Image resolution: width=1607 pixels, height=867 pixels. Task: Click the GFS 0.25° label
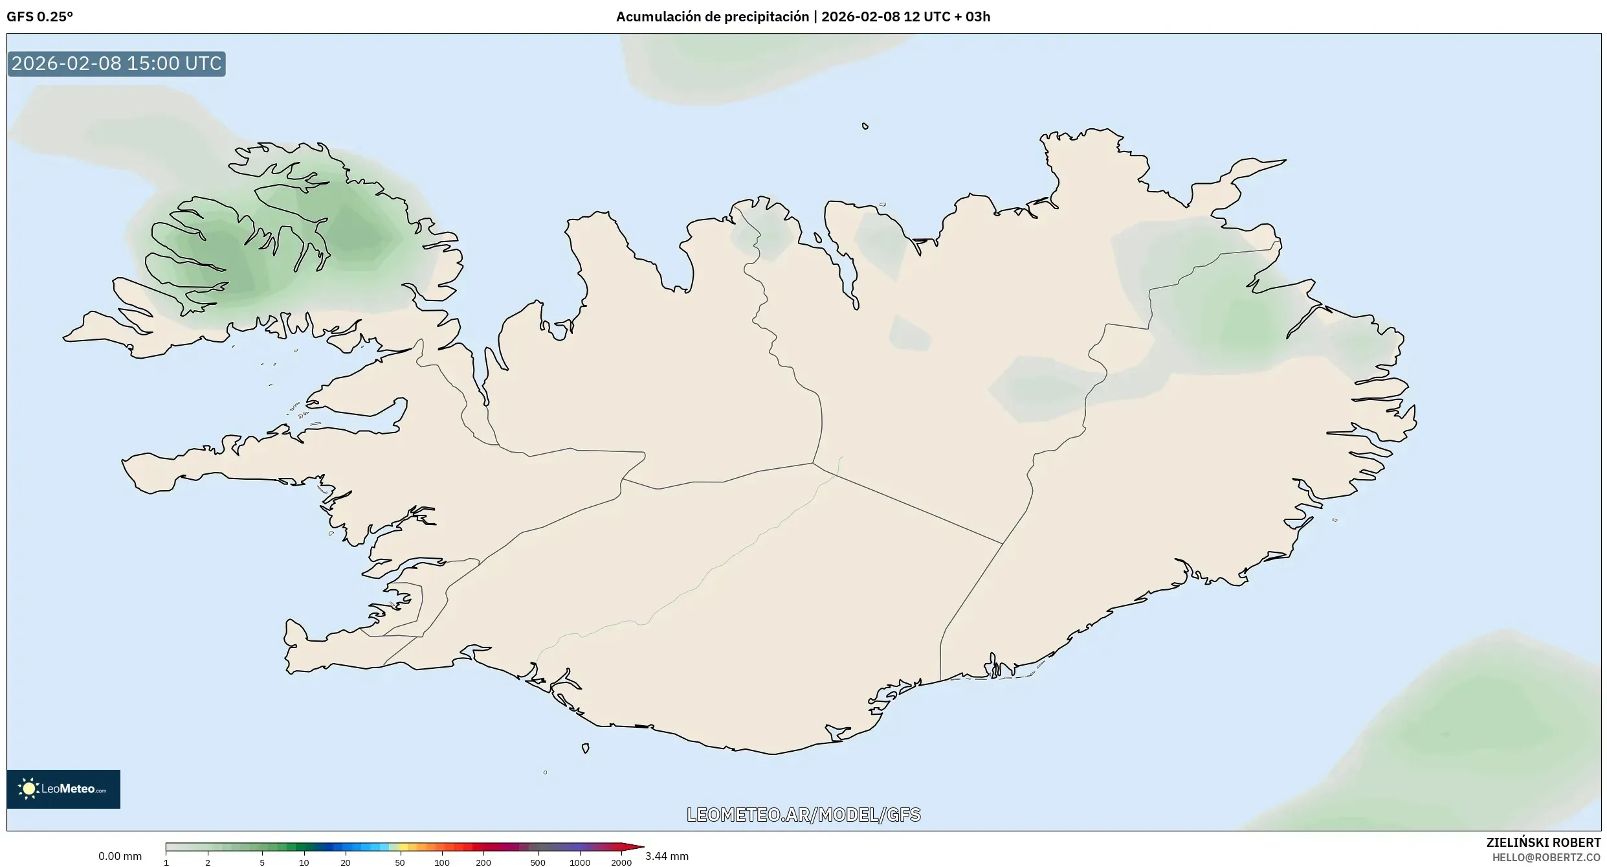[x=39, y=17]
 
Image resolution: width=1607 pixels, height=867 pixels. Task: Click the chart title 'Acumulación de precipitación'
[x=712, y=17]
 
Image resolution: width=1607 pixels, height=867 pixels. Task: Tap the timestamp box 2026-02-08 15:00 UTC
[x=116, y=63]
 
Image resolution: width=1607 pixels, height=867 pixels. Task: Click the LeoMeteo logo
[x=63, y=789]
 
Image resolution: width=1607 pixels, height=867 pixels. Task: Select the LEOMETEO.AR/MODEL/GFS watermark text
[x=803, y=815]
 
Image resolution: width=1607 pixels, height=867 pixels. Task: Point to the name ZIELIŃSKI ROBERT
[x=1543, y=842]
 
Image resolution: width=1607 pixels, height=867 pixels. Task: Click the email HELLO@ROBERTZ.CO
[x=1546, y=857]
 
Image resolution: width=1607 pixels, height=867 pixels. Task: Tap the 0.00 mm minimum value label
[x=120, y=856]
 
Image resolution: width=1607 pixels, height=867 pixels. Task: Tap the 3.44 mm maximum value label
[x=667, y=856]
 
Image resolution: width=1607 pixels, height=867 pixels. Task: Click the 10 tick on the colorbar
[x=304, y=862]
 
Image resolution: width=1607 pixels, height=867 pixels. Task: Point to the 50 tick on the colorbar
[x=400, y=862]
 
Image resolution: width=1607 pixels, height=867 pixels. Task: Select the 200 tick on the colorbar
[x=483, y=862]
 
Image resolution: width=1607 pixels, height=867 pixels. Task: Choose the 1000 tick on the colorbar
[x=580, y=862]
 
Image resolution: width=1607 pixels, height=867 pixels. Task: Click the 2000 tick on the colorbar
[x=621, y=862]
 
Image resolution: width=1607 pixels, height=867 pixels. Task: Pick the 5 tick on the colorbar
[x=262, y=862]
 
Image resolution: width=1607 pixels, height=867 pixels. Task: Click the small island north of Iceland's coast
[x=865, y=126]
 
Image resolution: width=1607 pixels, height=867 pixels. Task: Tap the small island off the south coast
[x=585, y=749]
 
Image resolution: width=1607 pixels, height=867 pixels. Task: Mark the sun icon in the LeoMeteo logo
[x=28, y=789]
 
